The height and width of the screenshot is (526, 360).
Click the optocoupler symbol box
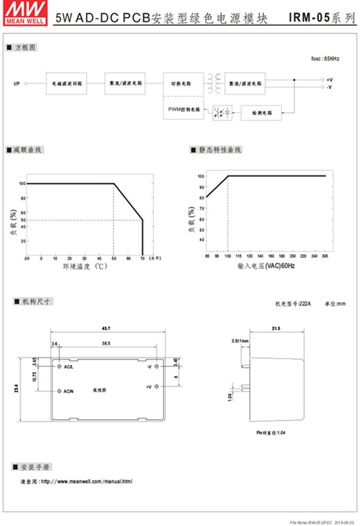point(222,113)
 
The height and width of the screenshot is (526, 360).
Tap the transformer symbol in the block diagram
point(215,84)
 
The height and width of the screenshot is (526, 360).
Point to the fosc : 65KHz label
point(325,59)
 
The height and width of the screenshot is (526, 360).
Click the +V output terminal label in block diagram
point(330,80)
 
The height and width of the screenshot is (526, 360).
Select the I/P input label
point(16,84)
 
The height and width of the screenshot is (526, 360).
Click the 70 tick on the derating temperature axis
point(143,259)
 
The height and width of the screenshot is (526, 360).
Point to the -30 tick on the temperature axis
point(27,259)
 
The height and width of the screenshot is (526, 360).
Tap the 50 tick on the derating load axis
point(23,220)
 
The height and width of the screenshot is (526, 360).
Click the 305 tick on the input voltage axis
point(325,257)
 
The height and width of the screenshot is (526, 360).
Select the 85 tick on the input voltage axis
point(207,257)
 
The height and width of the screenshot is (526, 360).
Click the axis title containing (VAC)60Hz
point(266,265)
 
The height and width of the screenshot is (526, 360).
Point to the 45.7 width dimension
point(108,328)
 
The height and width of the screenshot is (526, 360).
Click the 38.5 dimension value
point(106,344)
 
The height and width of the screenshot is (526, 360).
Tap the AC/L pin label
point(69,367)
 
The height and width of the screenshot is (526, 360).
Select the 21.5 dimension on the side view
point(276,328)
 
